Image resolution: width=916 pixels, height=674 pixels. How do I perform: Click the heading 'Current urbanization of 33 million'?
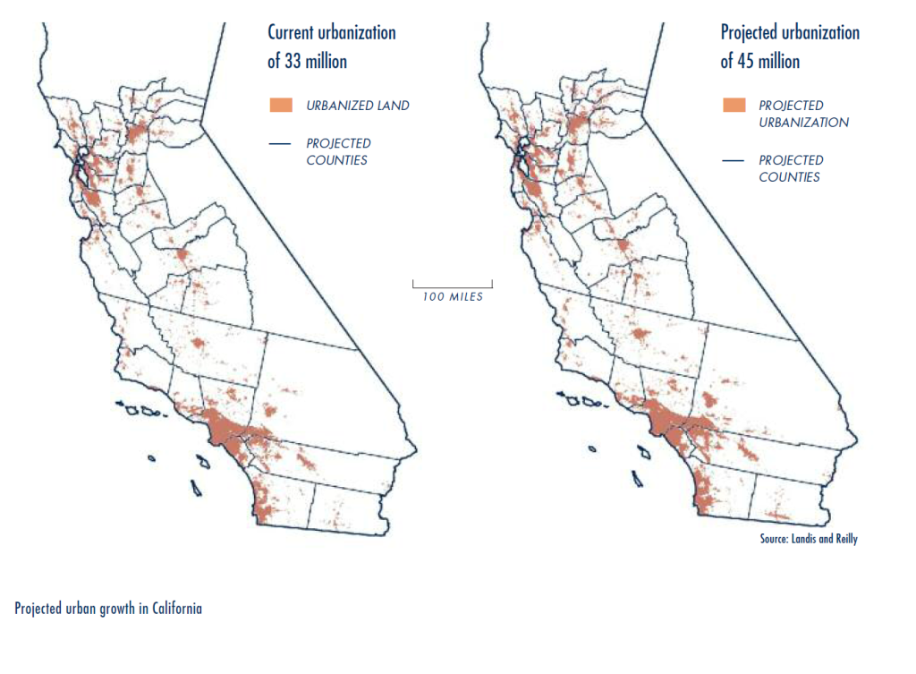point(331,47)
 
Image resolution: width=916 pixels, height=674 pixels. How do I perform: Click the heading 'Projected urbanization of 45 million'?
point(789,47)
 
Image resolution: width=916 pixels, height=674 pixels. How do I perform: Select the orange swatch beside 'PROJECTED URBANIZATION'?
point(734,105)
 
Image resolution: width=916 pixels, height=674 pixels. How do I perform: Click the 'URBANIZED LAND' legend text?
point(358,106)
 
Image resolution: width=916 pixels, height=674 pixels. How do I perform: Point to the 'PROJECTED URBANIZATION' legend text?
point(803,114)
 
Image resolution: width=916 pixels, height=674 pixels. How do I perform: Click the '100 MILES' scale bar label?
point(452,297)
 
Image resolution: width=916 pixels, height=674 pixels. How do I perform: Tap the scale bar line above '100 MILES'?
point(452,285)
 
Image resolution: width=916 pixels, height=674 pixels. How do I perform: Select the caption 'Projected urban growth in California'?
point(108,609)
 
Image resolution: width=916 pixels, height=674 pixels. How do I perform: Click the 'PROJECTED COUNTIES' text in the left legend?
point(337,151)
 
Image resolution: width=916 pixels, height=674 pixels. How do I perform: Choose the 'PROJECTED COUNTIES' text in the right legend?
point(790,168)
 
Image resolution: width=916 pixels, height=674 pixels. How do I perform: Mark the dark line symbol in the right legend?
point(734,160)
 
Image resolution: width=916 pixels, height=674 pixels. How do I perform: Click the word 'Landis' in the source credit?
point(802,539)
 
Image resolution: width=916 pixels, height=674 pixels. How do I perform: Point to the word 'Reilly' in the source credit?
point(844,539)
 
